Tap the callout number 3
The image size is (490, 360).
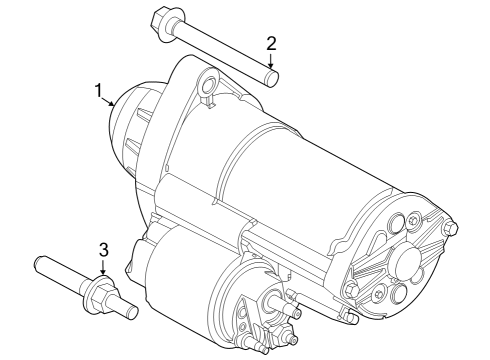(x=103, y=249)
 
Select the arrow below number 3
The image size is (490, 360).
(x=103, y=267)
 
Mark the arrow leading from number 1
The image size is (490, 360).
(x=111, y=103)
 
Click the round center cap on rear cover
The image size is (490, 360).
(x=409, y=260)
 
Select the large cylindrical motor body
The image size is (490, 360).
(x=290, y=170)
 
